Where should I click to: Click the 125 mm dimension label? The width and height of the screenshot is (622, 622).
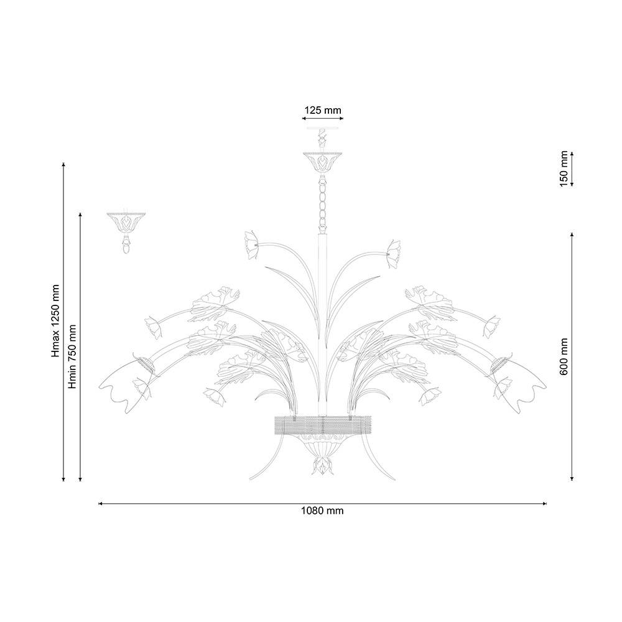click(x=322, y=110)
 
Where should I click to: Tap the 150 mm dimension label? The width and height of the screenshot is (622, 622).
click(x=564, y=169)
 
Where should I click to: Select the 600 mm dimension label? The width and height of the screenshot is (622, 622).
click(x=564, y=356)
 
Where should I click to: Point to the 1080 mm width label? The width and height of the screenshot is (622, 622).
click(x=322, y=511)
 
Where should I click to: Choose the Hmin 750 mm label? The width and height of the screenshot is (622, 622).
click(x=72, y=356)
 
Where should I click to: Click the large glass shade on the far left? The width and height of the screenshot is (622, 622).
click(x=124, y=384)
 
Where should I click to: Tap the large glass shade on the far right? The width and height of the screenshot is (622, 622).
click(x=519, y=384)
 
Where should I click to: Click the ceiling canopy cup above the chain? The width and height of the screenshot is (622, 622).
click(x=322, y=162)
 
